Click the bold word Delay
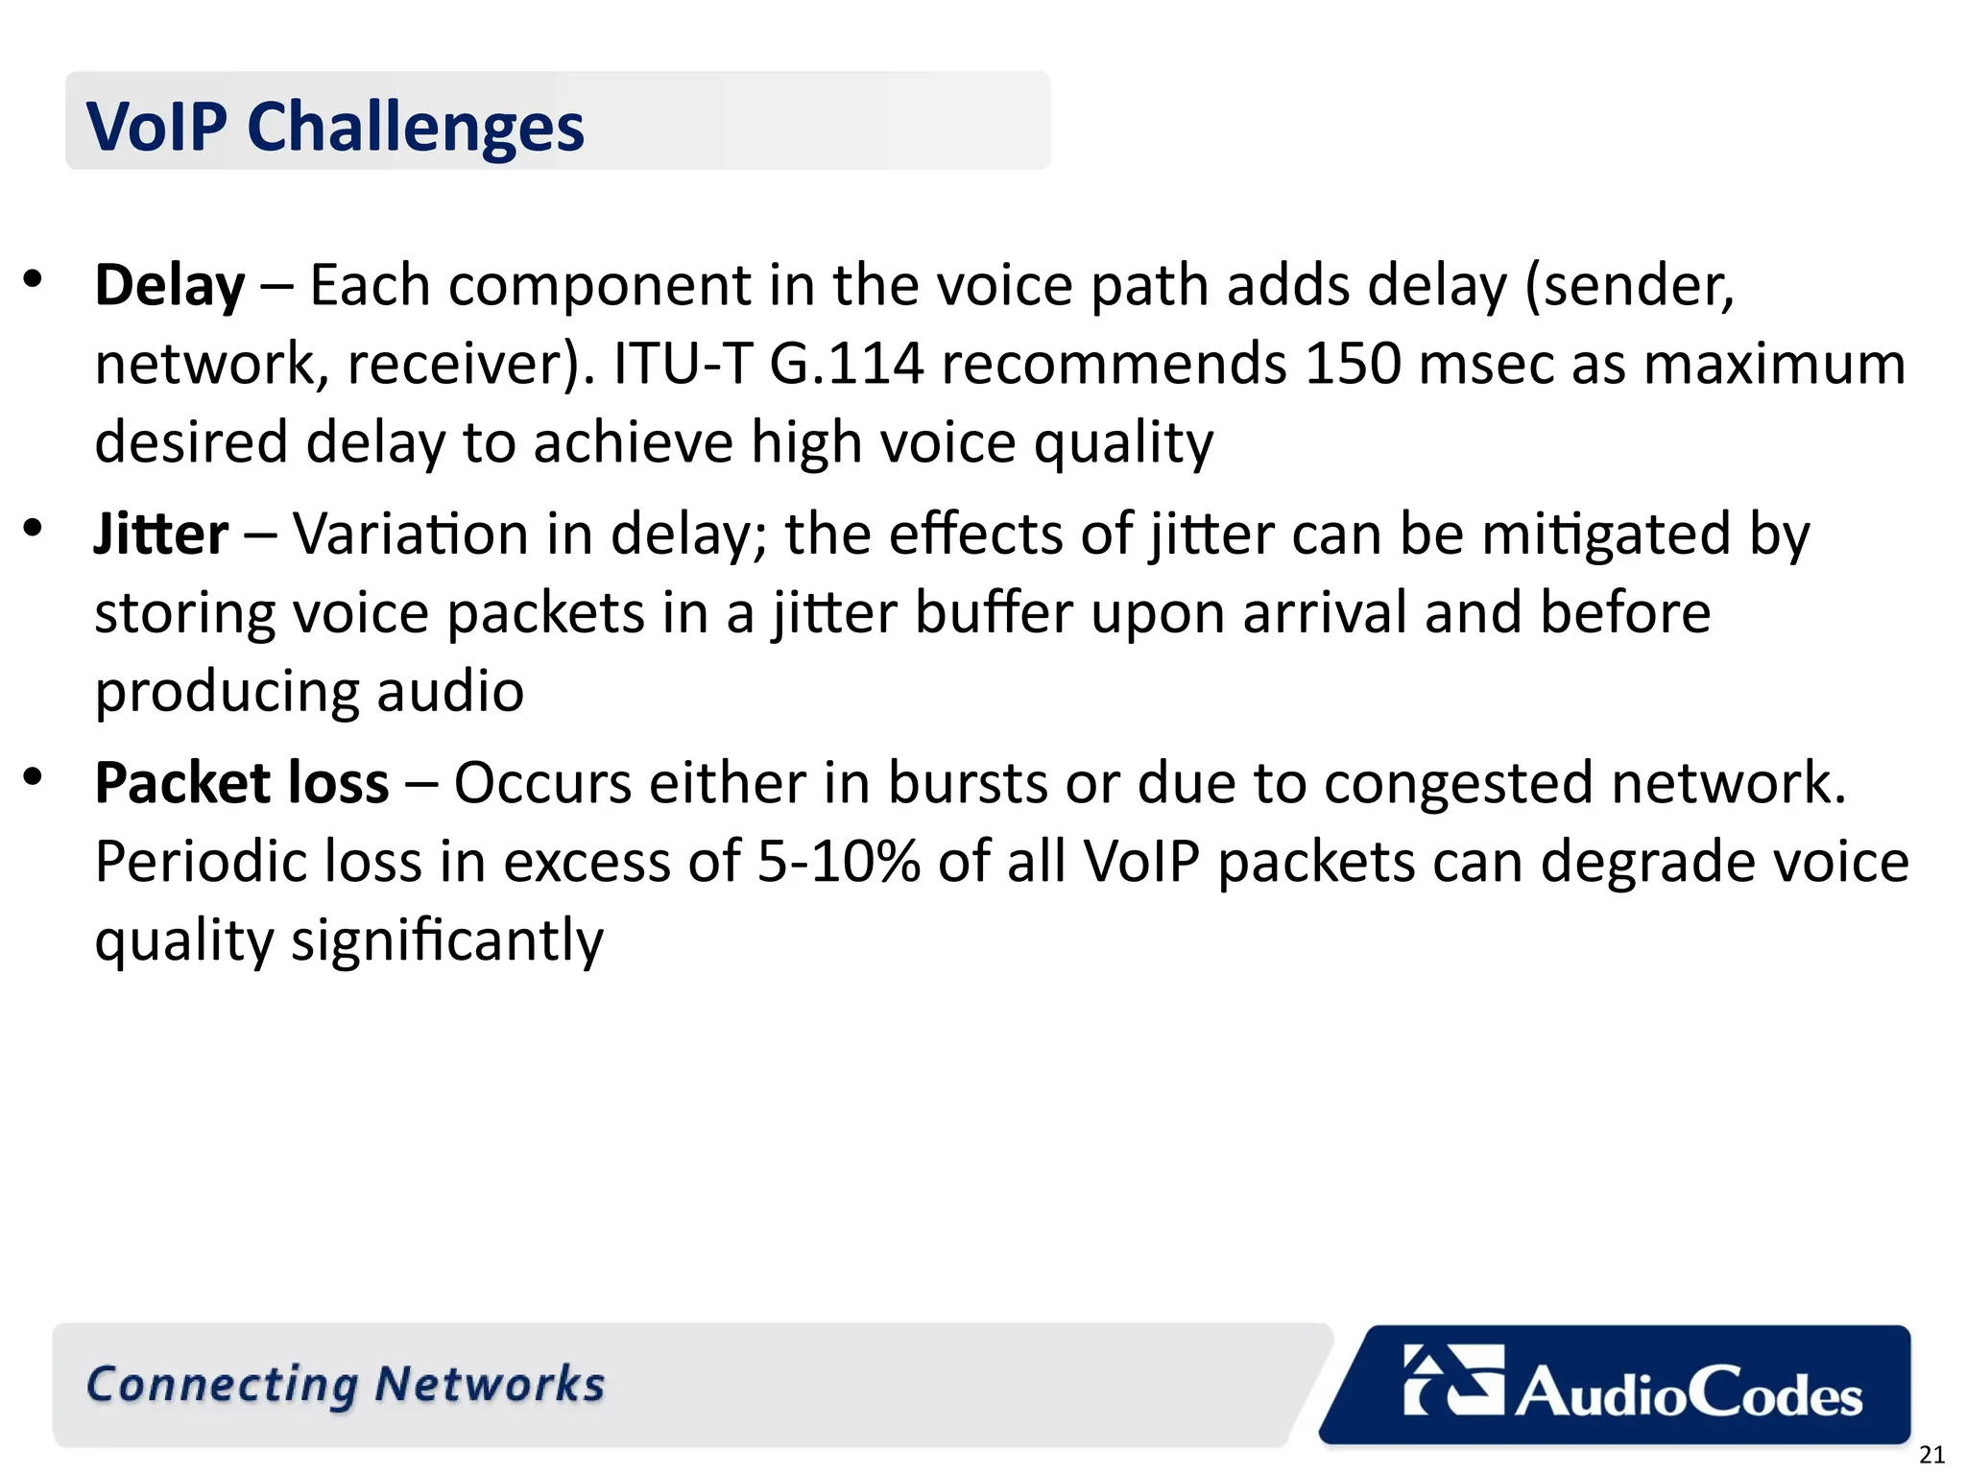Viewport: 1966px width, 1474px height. tap(170, 286)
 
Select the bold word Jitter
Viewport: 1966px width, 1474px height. tap(161, 535)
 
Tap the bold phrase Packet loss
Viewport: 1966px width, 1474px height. tap(242, 783)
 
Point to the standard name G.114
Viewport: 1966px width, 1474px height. tap(847, 365)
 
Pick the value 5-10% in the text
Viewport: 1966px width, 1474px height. tap(838, 862)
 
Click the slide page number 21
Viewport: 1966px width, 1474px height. tap(1931, 1455)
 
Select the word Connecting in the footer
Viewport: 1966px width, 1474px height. tap(222, 1385)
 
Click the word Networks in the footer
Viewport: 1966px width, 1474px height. tap(490, 1385)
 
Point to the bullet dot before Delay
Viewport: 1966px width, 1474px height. tap(34, 279)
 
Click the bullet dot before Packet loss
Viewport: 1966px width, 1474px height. tap(34, 776)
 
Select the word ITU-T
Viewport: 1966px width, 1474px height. tap(682, 365)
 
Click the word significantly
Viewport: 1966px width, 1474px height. tap(447, 940)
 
